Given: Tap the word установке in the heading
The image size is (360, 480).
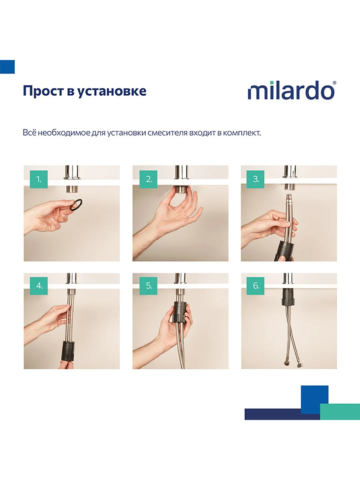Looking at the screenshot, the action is (112, 91).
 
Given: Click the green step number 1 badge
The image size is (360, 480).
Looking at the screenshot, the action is (39, 179).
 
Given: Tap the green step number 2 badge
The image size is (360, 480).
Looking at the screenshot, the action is (148, 179).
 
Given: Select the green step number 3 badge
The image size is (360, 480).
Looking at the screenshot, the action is (255, 179).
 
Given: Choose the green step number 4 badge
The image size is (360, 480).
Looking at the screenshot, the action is (39, 286).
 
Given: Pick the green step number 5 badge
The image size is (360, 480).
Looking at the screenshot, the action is (148, 286).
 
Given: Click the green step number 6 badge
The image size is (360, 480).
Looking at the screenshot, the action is (255, 286).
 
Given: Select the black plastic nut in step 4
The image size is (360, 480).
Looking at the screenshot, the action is (68, 351).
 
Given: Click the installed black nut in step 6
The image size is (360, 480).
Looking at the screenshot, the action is (288, 297).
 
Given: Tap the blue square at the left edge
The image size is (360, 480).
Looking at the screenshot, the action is (7, 67).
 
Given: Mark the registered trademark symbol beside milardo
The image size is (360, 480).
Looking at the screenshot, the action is (334, 83).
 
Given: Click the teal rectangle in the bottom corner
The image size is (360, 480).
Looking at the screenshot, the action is (340, 412).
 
